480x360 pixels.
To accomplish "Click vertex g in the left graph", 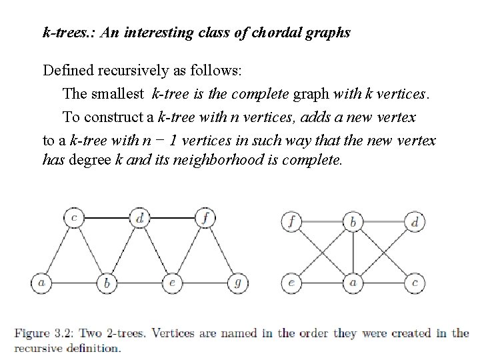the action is coord(237,283).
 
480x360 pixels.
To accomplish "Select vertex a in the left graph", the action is coord(41,283).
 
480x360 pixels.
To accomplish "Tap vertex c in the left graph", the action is coord(74,217).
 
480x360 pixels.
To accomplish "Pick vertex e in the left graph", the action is coord(172,283).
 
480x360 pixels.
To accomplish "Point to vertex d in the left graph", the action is coord(139,217).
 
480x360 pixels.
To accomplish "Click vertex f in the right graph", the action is coord(291,222).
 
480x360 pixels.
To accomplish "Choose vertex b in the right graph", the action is coord(353,222).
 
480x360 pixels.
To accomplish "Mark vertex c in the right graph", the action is coord(415,283).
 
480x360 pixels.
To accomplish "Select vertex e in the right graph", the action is coord(291,283).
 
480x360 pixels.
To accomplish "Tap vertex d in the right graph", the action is coord(415,222).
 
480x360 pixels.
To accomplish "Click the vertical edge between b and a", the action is coord(353,253).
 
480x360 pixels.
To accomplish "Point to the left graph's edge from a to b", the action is coord(73,283).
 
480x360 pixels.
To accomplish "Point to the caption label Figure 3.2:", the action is coord(42,333).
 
